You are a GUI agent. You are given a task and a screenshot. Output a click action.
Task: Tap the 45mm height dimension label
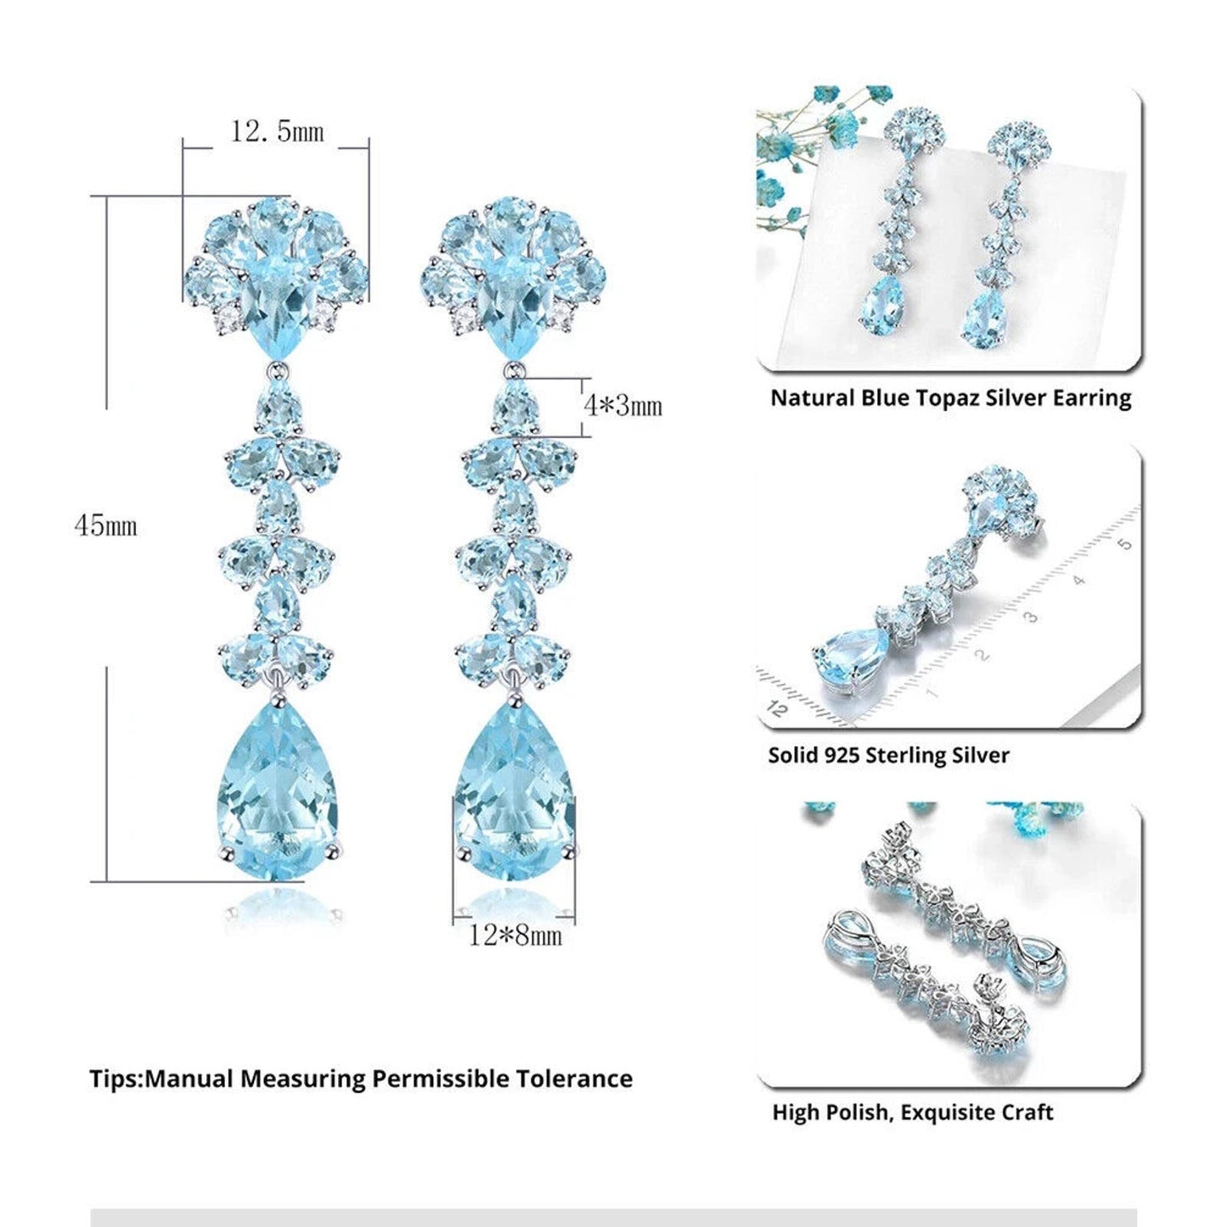pyautogui.click(x=105, y=526)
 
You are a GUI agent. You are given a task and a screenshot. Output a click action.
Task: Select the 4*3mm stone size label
pyautogui.click(x=623, y=405)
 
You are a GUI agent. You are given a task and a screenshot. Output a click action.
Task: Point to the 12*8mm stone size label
pyautogui.click(x=515, y=936)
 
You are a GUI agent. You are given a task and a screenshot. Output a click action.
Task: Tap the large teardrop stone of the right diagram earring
pyautogui.click(x=515, y=789)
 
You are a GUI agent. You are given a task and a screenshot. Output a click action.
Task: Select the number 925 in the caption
pyautogui.click(x=845, y=755)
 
